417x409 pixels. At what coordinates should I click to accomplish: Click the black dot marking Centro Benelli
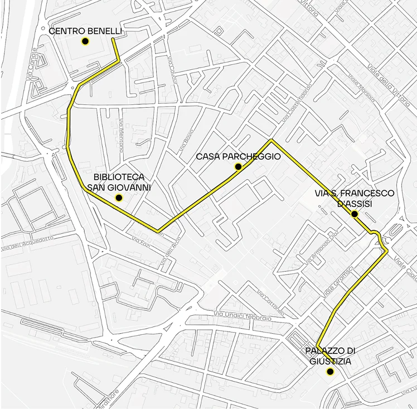(85, 41)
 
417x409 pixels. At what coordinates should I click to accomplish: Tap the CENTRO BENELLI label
(85, 31)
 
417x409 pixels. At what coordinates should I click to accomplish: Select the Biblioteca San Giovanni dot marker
(118, 198)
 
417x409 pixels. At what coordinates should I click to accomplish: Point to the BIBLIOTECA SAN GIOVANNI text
(119, 182)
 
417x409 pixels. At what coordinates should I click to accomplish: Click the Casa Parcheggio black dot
(238, 167)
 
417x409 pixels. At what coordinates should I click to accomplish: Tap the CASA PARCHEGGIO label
(238, 157)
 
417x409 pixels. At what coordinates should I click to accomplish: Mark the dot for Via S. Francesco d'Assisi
(354, 214)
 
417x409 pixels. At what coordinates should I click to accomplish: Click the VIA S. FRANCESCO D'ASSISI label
(355, 198)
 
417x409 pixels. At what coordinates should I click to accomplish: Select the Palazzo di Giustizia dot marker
(330, 372)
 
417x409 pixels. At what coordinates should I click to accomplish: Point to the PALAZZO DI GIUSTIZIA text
(331, 355)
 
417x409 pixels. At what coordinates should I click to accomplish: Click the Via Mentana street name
(122, 134)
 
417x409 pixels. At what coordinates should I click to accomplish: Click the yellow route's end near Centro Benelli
(113, 40)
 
